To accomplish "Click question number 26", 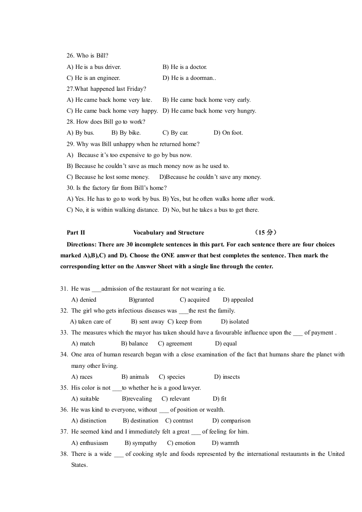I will tap(70, 56).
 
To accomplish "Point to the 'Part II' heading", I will tap(76, 233).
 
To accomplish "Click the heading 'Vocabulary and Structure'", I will tap(168, 233).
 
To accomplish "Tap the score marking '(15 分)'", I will tap(266, 233).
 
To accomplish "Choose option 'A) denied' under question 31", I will tap(84, 300).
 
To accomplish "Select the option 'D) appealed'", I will tap(238, 300).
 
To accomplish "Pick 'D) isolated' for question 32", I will tap(235, 322).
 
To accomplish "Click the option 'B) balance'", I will tap(134, 344).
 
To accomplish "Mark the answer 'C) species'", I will tap(172, 377).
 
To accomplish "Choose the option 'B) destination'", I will tap(141, 421).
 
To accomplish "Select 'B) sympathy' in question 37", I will tap(141, 443).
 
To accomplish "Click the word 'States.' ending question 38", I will tap(79, 465).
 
